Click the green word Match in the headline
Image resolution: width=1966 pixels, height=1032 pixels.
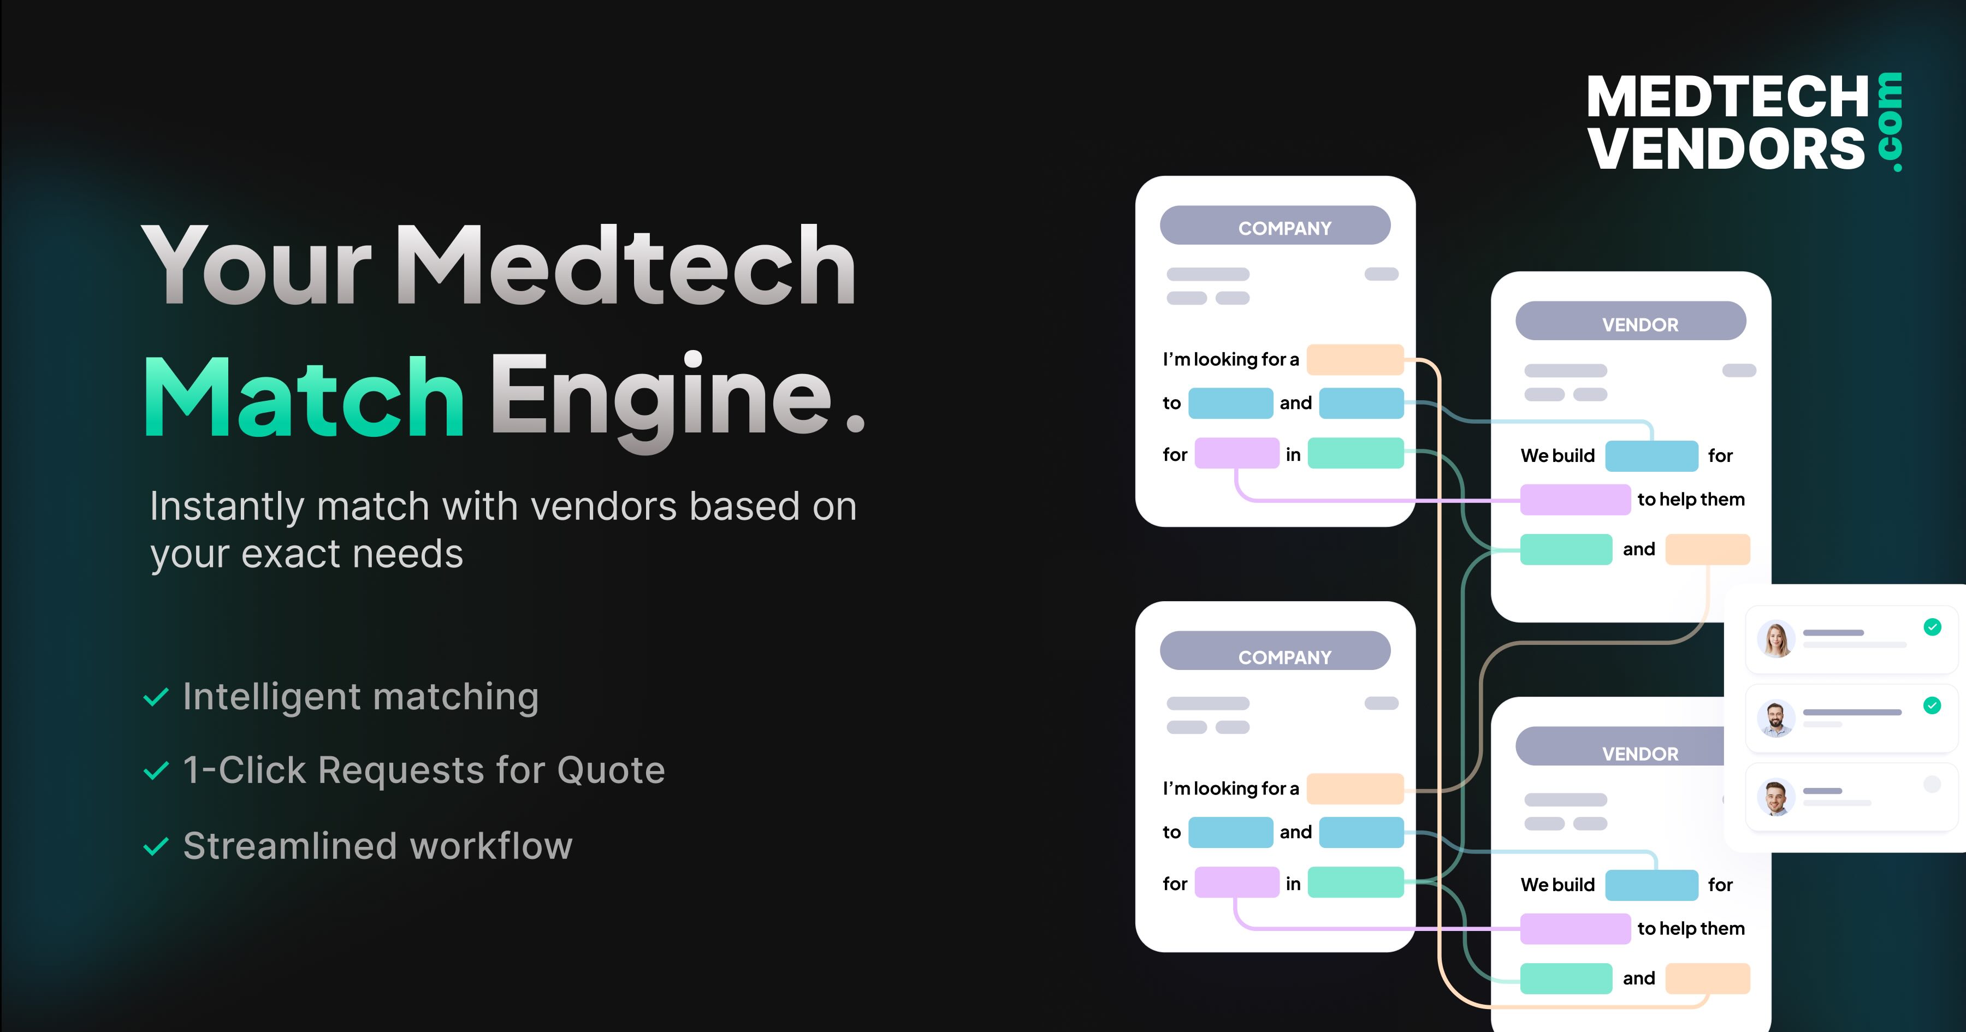[304, 397]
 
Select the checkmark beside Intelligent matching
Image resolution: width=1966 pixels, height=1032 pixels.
[156, 697]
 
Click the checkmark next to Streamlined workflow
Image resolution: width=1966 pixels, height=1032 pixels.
[156, 846]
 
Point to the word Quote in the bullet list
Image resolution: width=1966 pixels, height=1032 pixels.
[611, 771]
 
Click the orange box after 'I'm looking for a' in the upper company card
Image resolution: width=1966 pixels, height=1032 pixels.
[1355, 359]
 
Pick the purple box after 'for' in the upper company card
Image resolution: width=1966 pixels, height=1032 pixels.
[1237, 453]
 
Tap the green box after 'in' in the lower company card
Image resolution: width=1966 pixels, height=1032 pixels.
[1356, 882]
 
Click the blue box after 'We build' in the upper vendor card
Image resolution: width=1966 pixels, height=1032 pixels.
[1651, 456]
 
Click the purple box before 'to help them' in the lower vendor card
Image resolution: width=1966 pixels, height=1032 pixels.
[1575, 929]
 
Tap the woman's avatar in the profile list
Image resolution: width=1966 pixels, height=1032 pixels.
[1776, 639]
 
